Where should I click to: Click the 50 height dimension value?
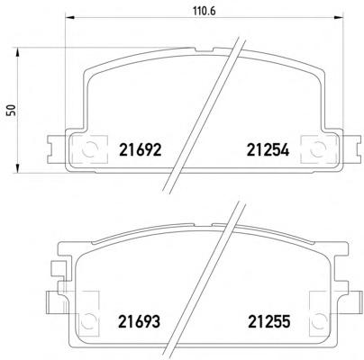[x=12, y=110]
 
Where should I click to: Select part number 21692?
[x=141, y=149]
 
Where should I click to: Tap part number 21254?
[x=268, y=149]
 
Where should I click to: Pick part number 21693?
[x=140, y=321]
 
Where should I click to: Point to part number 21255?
[x=269, y=321]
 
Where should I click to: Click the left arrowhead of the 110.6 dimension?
[x=69, y=18]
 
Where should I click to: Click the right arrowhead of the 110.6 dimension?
[x=338, y=18]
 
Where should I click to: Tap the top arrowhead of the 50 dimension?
[x=18, y=51]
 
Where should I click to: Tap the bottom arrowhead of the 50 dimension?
[x=18, y=168]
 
